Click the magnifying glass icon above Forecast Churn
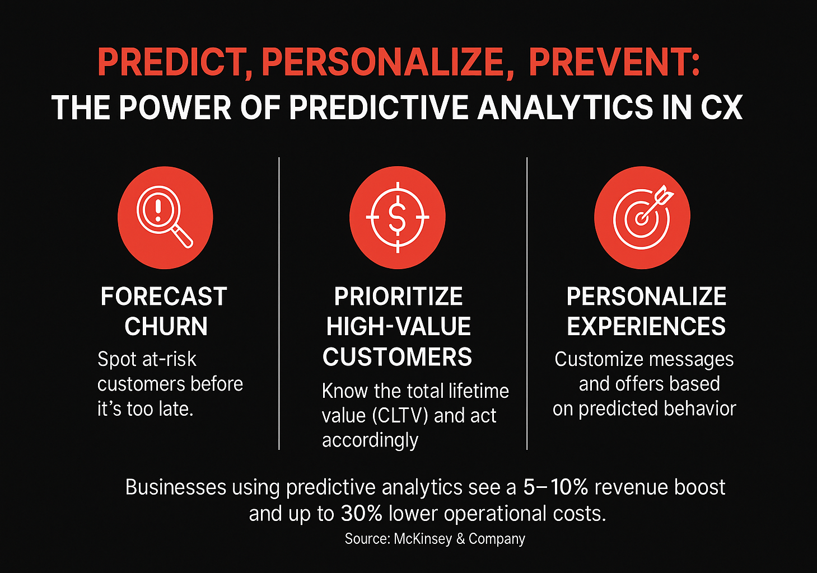coord(165,217)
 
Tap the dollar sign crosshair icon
coord(398,217)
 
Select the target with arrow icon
coord(642,217)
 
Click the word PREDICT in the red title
coord(171,62)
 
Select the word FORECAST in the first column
coord(164,297)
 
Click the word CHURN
coord(166,327)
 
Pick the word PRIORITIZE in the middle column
coord(398,297)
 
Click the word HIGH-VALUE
coord(398,327)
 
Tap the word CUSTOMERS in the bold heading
coord(397,357)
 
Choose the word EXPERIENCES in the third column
coord(646,327)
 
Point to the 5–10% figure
coord(555,487)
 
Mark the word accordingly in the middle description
coord(370,441)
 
